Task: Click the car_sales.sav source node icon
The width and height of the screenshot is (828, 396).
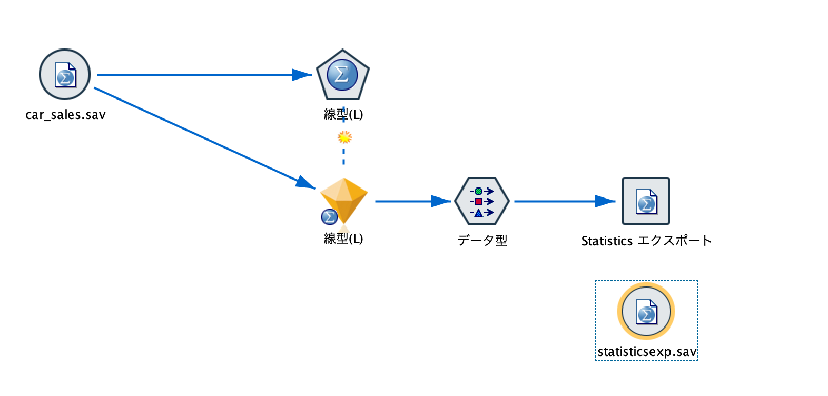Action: point(65,75)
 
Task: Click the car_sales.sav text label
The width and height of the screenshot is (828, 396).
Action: point(65,115)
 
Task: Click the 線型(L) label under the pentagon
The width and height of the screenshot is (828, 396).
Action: point(343,114)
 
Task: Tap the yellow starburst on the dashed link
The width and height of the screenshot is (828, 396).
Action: point(344,137)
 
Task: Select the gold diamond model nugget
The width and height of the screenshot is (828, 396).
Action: point(344,200)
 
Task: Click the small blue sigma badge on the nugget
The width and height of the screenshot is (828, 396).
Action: point(329,217)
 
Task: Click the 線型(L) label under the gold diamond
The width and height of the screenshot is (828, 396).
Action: point(343,239)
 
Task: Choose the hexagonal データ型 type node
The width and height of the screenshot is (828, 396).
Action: point(482,201)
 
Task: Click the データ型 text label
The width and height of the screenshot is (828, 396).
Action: point(482,241)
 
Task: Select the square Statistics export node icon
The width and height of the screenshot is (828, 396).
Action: point(646,201)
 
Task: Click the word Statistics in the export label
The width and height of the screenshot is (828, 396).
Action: point(607,241)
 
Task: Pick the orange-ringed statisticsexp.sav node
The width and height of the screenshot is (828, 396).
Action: point(646,312)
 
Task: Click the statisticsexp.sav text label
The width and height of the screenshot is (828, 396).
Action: point(647,352)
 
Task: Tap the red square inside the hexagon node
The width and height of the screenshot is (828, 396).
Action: point(478,202)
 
